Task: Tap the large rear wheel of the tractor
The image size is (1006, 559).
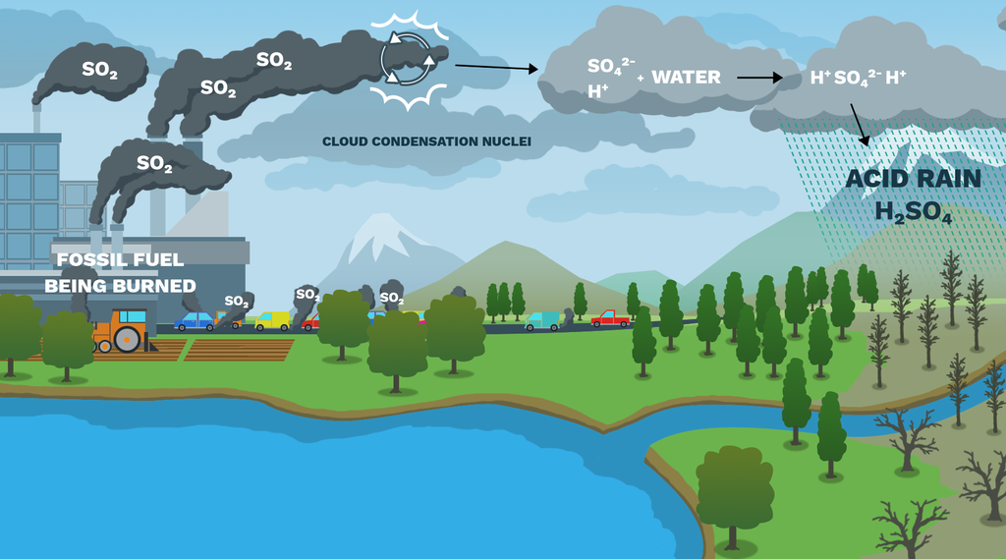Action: coord(127,340)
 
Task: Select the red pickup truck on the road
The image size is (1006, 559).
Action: coord(610,318)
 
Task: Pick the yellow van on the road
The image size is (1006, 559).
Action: coord(273,320)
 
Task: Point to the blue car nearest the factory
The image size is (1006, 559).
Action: coord(194,321)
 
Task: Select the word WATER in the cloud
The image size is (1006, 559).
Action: coord(686,77)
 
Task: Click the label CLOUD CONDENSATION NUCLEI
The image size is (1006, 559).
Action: coord(426,141)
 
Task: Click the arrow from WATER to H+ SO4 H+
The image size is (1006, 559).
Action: coord(759,78)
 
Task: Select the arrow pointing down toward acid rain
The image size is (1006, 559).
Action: coord(859,125)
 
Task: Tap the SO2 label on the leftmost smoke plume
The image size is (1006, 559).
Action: coord(99,70)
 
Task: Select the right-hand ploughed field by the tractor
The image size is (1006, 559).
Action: coord(239,349)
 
